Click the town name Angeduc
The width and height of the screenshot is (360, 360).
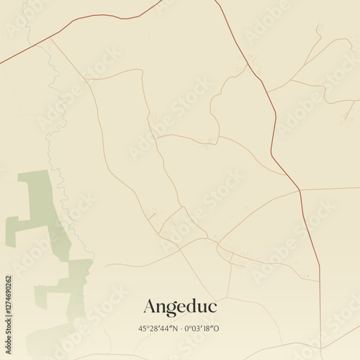coord(179,307)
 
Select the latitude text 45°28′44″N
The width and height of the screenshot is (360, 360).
coord(159,328)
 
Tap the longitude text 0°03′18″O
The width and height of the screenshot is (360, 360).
coord(202,328)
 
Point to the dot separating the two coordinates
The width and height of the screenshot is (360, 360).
coord(181,328)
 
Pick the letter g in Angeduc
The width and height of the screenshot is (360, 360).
coord(174,309)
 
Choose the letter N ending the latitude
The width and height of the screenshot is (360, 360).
coord(175,328)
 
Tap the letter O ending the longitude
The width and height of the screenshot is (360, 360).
coord(217,328)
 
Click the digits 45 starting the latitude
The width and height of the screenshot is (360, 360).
coord(142,328)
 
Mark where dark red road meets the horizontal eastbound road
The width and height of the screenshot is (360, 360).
coord(300,191)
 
